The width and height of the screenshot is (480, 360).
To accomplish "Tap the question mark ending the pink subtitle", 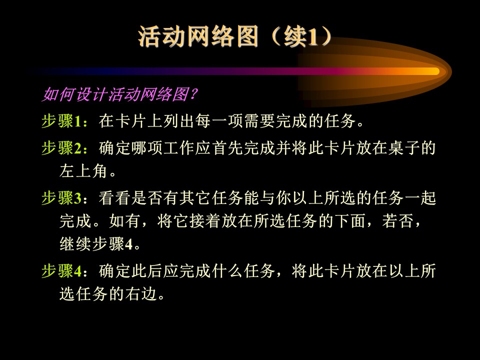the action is coord(193,94).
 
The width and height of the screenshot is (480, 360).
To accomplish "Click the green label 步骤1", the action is coord(62,121).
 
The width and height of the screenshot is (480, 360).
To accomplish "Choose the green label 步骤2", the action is coord(62,148).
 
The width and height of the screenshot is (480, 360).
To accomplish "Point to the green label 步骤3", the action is coord(62,198).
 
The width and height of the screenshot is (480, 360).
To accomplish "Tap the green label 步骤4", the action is coord(62,271).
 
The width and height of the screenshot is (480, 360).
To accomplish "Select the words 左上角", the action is coord(83,171).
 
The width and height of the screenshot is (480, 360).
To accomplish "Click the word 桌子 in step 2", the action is coord(404,148).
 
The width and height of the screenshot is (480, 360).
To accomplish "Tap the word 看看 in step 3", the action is coord(115,198).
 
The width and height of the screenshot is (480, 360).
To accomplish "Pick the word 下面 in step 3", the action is coord(350,221).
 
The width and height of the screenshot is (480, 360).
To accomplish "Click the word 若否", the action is coord(398,221).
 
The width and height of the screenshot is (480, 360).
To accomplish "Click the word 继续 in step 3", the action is coord(75,244).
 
